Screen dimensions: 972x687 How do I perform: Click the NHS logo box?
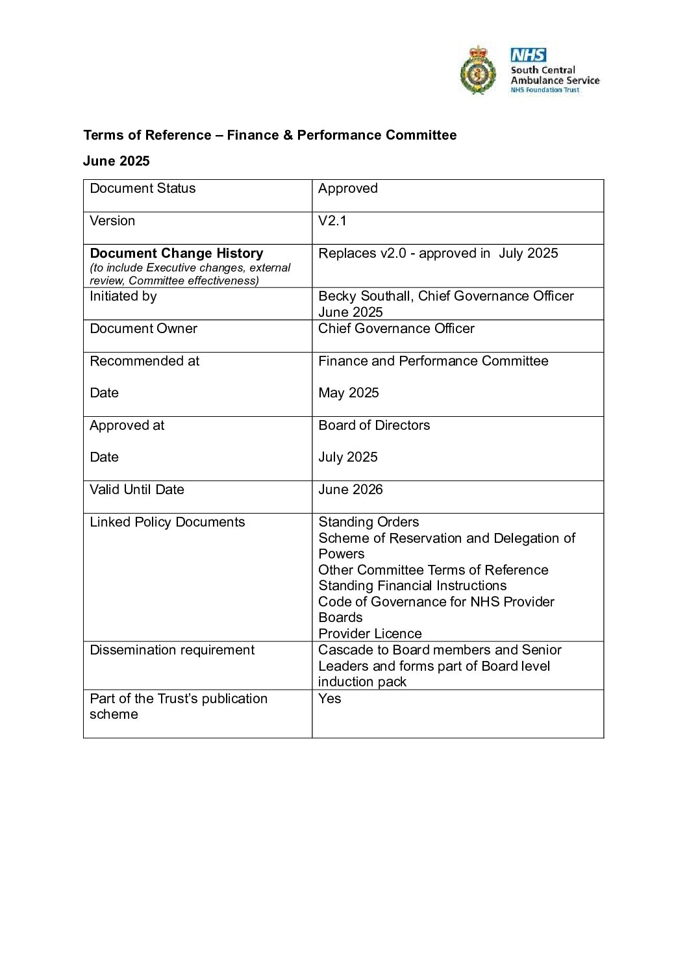tap(528, 55)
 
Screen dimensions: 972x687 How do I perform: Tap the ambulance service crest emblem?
tap(478, 70)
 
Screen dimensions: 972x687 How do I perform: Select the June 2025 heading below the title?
tap(116, 161)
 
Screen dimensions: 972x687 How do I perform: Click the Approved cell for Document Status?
tap(347, 188)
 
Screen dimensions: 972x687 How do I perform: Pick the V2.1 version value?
tap(332, 221)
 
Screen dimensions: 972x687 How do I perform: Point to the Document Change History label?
tap(176, 253)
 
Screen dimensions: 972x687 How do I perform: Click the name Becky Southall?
tap(365, 296)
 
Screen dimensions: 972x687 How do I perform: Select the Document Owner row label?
tap(144, 329)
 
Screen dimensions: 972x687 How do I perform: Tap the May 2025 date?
tap(348, 393)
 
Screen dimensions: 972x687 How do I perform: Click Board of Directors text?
tap(374, 425)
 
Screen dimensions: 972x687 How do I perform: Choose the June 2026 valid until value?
tap(350, 490)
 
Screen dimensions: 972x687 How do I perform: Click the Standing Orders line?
tap(368, 522)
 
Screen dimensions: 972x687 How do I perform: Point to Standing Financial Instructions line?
tap(412, 586)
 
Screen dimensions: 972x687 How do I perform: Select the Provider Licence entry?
tap(369, 634)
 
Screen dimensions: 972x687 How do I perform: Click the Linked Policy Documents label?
tap(167, 522)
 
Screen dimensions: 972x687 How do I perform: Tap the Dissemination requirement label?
tap(172, 650)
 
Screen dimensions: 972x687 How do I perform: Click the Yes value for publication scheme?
tap(329, 699)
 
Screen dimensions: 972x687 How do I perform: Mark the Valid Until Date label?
tap(136, 490)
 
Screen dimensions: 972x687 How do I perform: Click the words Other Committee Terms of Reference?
tap(433, 570)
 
